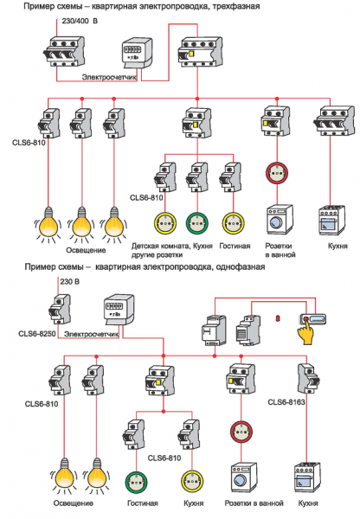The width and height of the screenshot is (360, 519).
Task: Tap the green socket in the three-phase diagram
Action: tap(197, 221)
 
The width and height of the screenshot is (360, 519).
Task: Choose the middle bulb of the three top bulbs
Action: tap(81, 223)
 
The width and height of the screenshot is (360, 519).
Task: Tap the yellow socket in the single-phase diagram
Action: tap(190, 479)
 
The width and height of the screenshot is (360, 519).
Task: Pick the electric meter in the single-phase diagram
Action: tap(120, 310)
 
